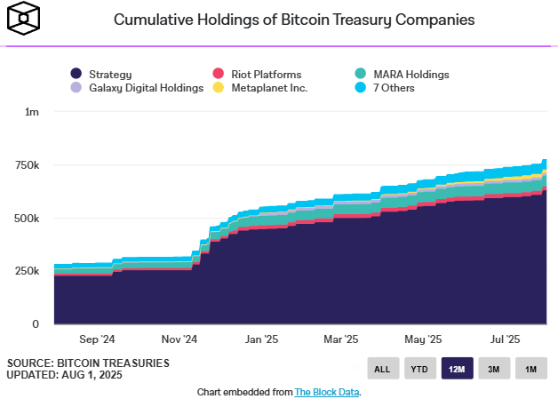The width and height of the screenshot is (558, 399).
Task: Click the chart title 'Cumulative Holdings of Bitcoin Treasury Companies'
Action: [294, 19]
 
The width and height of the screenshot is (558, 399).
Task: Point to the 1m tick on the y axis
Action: [33, 113]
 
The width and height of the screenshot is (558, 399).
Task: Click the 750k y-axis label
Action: [28, 166]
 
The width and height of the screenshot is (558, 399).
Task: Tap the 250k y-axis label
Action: [28, 272]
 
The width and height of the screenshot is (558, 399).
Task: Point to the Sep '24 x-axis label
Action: [97, 339]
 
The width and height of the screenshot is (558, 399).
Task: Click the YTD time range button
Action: [420, 369]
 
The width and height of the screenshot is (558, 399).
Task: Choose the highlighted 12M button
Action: [457, 369]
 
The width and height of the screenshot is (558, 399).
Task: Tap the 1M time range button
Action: [530, 369]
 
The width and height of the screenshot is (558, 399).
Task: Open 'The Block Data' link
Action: [326, 391]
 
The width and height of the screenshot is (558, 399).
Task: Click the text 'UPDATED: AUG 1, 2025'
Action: [65, 375]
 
